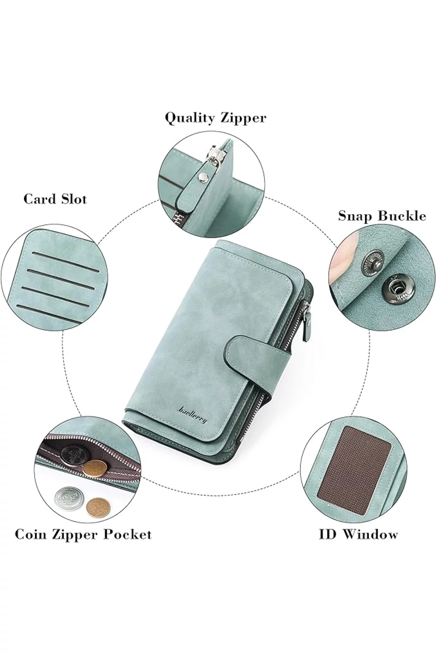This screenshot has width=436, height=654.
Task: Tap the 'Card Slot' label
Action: coord(55,199)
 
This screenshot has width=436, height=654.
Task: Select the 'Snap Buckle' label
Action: coord(382,216)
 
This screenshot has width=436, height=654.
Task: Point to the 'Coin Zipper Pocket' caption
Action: coord(83,534)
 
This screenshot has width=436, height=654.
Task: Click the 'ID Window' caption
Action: coord(358,535)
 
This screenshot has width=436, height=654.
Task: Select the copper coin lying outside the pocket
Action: coord(98,507)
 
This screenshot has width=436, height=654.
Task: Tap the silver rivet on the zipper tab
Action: coord(201,176)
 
